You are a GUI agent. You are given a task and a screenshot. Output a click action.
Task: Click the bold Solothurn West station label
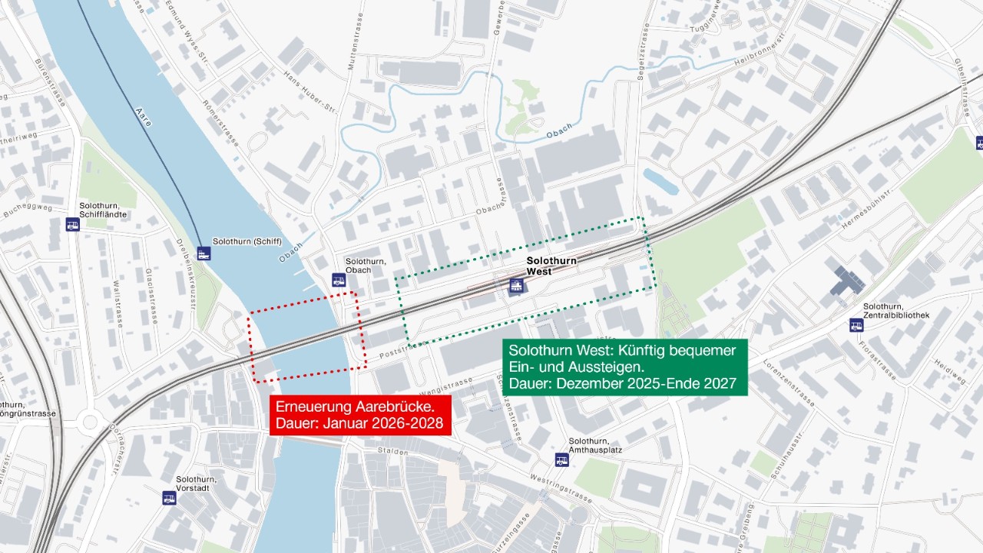[x=551, y=266]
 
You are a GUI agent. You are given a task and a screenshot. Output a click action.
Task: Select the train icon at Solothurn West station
[x=517, y=287]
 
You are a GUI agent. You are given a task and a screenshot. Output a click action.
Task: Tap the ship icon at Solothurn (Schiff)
[x=204, y=253]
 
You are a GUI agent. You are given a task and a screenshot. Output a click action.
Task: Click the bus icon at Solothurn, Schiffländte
[x=72, y=224]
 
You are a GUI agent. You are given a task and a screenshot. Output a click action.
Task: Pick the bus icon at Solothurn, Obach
[x=339, y=280]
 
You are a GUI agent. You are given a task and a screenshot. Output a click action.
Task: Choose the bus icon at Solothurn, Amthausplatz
[x=562, y=459]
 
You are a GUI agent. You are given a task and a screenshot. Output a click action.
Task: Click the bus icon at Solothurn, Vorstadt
[x=169, y=498]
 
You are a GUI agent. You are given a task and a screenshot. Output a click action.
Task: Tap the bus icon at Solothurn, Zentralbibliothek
[x=856, y=325]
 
